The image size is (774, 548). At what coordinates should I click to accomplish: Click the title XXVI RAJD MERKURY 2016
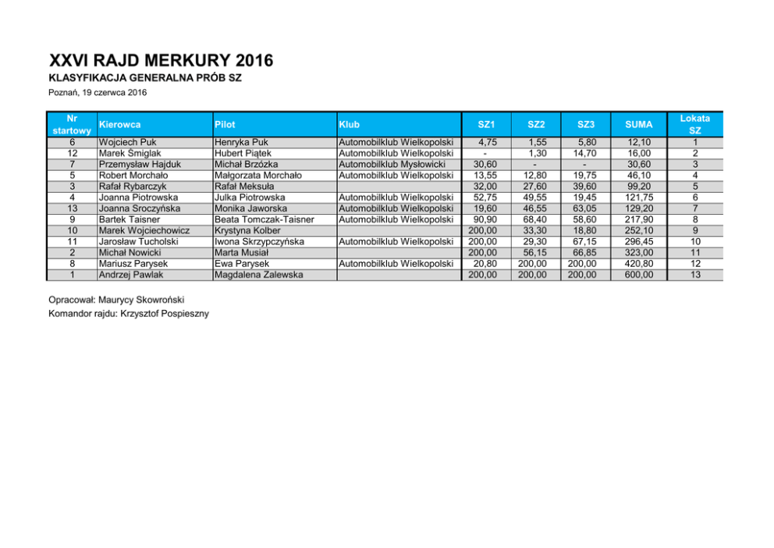pos(161,61)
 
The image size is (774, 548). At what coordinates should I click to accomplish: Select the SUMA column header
pos(639,124)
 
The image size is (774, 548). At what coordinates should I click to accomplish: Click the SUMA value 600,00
pos(639,275)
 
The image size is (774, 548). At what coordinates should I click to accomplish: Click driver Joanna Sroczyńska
pos(140,209)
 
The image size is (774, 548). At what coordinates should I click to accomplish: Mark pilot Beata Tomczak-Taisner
pos(264,220)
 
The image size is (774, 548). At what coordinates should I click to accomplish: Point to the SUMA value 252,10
pos(639,231)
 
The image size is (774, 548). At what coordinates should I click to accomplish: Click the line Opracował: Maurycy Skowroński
pos(117,300)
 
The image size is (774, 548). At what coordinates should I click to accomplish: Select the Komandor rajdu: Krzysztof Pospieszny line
pos(129,314)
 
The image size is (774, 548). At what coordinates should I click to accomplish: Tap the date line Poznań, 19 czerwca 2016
pos(98,93)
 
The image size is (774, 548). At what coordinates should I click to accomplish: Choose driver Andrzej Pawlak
pos(130,275)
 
